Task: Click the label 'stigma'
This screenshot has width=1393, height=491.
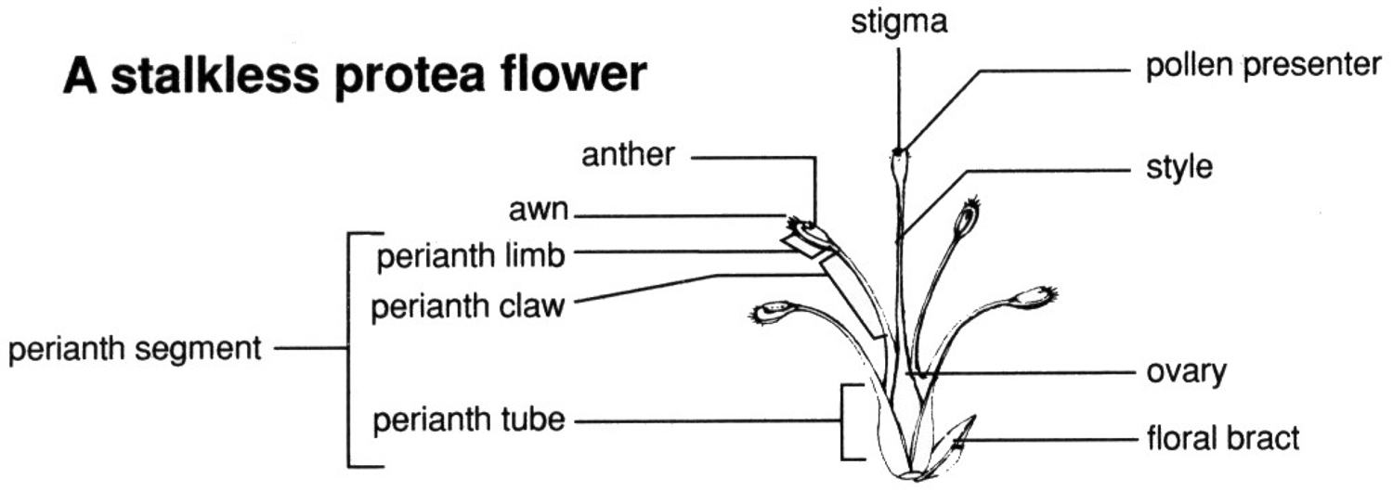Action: point(899,23)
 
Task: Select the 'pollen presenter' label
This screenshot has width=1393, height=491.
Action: point(1263,66)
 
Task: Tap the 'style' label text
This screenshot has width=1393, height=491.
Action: point(1179,168)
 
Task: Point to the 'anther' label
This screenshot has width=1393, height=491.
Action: point(628,155)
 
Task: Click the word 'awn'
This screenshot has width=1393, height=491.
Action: point(539,210)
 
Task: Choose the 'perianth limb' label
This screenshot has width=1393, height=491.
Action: point(471,256)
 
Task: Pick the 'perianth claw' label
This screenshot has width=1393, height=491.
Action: point(467,306)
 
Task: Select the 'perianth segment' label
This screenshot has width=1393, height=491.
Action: point(135,350)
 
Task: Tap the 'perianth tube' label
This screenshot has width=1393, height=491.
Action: point(469,420)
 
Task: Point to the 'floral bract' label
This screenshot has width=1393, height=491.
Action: point(1223,438)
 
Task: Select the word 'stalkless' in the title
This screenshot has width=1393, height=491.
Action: point(214,74)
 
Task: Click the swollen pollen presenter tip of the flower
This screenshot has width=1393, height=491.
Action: point(899,166)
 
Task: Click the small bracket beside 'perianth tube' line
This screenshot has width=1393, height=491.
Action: point(842,422)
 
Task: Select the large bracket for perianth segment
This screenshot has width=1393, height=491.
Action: point(349,349)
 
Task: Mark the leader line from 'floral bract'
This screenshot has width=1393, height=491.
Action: point(1046,440)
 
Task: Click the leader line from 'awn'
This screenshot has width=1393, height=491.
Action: point(681,216)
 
